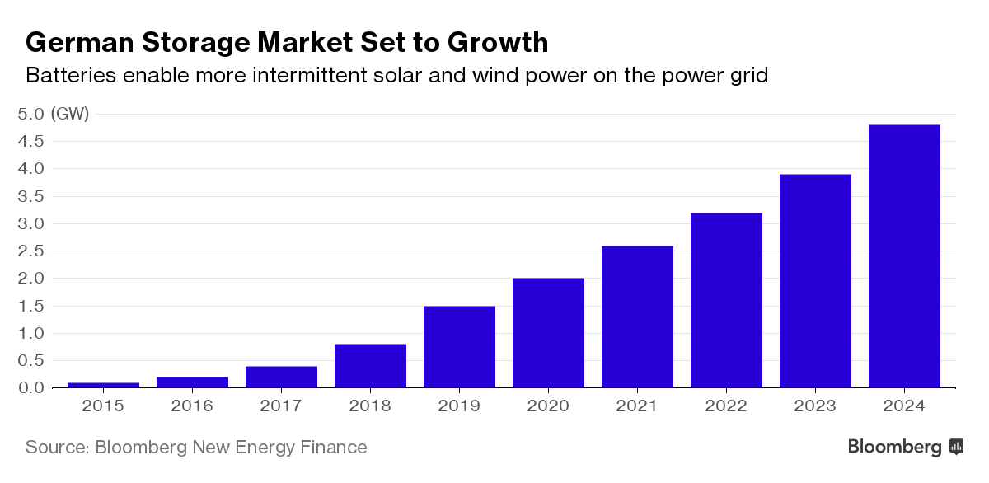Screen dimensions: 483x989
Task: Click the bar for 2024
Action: [x=904, y=256]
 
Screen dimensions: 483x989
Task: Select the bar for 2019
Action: [x=459, y=346]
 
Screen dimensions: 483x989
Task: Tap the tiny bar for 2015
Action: [x=103, y=384]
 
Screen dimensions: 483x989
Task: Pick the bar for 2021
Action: [x=637, y=317]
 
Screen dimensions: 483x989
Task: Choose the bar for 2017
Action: [x=281, y=377]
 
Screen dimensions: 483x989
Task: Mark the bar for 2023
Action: [x=815, y=280]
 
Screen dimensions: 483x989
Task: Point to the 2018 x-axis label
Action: [x=370, y=406]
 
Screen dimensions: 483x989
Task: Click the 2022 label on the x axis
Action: [x=726, y=406]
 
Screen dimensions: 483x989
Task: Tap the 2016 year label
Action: [x=192, y=406]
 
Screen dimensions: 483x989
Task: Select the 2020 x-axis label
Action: [x=548, y=406]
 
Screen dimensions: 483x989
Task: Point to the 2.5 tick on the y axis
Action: [x=30, y=251]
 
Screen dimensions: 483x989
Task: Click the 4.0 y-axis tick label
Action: [x=30, y=168]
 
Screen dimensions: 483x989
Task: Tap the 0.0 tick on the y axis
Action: [x=30, y=387]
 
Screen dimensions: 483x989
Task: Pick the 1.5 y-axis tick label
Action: [x=30, y=306]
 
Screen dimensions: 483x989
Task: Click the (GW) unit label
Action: [x=70, y=114]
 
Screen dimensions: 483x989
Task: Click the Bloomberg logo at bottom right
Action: [x=905, y=447]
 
